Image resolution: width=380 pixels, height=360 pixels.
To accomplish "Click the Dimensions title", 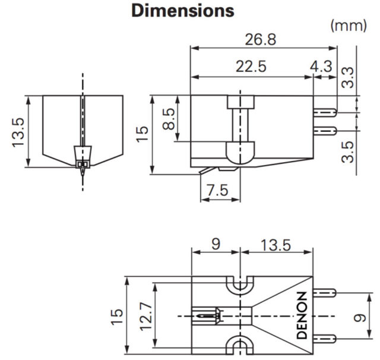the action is pyautogui.click(x=183, y=11).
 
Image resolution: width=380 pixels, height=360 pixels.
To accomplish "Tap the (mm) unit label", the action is pyautogui.click(x=349, y=26).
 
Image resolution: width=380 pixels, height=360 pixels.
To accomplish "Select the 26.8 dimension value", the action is pyautogui.click(x=260, y=39).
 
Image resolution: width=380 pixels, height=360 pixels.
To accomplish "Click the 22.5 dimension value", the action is pyautogui.click(x=251, y=67).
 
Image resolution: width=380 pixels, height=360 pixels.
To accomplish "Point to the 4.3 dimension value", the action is pyautogui.click(x=321, y=66).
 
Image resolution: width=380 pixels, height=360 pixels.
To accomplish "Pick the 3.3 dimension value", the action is pyautogui.click(x=347, y=77).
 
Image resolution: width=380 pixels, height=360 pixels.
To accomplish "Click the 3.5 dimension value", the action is pyautogui.click(x=347, y=151).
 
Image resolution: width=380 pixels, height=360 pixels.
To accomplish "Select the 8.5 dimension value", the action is pyautogui.click(x=169, y=119).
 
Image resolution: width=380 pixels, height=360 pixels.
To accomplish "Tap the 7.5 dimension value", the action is pyautogui.click(x=218, y=190).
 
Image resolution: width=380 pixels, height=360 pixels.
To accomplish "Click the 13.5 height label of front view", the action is pyautogui.click(x=18, y=132).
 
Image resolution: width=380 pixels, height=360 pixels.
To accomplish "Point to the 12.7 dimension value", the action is pyautogui.click(x=146, y=316).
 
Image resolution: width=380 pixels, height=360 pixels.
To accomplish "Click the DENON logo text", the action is pyautogui.click(x=302, y=315).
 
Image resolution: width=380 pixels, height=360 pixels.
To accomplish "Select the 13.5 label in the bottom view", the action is pyautogui.click(x=275, y=245).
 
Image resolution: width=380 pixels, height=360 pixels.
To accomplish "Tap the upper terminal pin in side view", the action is pyautogui.click(x=325, y=112).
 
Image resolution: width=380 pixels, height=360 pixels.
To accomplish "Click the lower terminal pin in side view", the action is pyautogui.click(x=325, y=131).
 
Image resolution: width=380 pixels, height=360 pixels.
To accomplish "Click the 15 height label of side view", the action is pyautogui.click(x=142, y=134).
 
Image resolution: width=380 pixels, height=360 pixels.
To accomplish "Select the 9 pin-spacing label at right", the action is pyautogui.click(x=360, y=318).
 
